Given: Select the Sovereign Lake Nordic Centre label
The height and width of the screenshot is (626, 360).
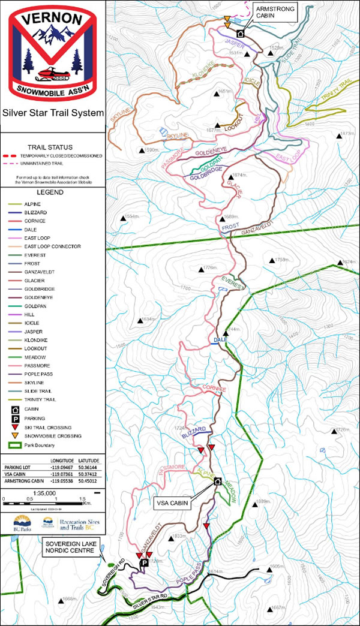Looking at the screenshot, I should pyautogui.click(x=67, y=547).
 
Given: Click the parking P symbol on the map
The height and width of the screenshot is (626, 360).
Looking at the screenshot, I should pyautogui.click(x=144, y=564).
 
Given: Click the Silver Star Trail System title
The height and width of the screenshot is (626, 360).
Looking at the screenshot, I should pyautogui.click(x=53, y=112).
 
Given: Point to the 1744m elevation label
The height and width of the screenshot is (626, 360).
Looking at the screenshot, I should pyautogui.click(x=232, y=329).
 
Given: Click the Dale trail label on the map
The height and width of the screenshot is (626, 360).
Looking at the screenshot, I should pyautogui.click(x=219, y=341).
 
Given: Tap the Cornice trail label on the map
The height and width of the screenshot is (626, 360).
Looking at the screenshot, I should pyautogui.click(x=214, y=389).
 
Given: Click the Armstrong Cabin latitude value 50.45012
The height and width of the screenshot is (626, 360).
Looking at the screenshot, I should pyautogui.click(x=86, y=480).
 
